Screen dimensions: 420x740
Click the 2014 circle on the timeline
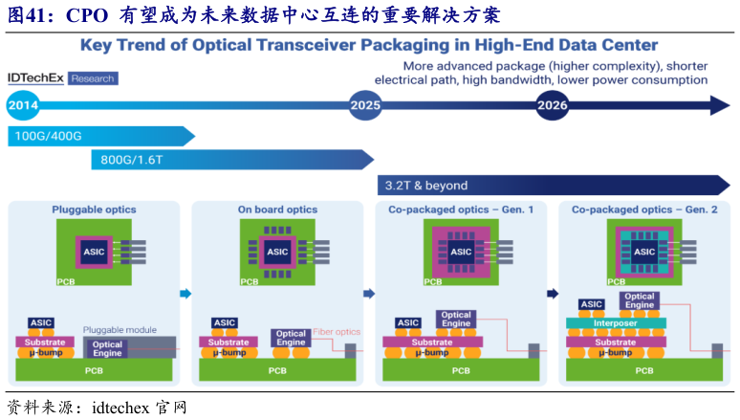click(23, 106)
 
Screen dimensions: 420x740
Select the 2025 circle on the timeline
click(367, 106)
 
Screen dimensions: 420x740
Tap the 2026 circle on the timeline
click(552, 106)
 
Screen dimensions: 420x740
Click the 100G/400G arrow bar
click(96, 136)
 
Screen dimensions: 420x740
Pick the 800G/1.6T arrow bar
click(229, 160)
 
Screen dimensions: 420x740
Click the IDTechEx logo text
click(35, 78)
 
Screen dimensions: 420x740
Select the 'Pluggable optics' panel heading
click(94, 210)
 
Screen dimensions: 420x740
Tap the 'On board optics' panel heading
click(277, 210)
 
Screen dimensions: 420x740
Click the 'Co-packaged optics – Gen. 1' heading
click(461, 210)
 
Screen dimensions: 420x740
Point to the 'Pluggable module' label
click(120, 329)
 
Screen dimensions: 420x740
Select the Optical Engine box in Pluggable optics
click(107, 348)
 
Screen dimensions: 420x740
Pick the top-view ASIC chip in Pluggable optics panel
click(94, 252)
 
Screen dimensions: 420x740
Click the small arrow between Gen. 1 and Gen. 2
click(553, 294)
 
